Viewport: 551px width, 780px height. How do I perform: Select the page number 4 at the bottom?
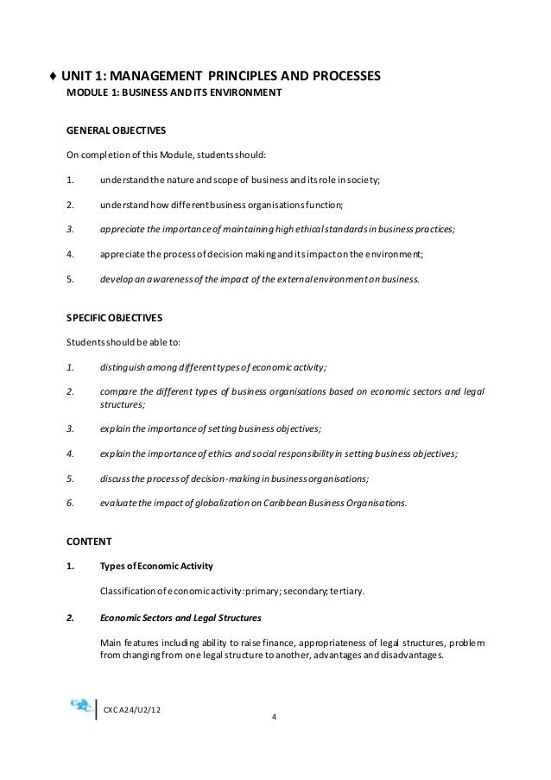(x=274, y=717)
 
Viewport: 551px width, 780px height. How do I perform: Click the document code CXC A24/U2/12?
(x=134, y=709)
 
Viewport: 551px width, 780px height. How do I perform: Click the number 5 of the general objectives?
(x=69, y=279)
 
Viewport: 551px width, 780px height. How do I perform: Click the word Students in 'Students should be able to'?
(x=85, y=342)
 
